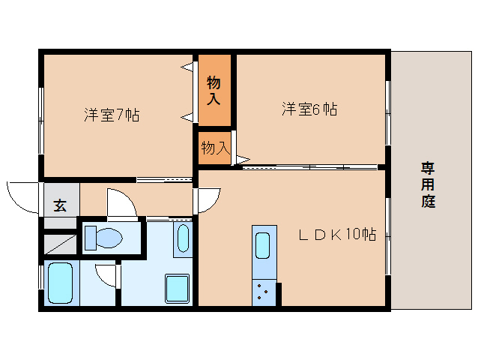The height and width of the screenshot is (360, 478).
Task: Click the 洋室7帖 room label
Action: pyautogui.click(x=112, y=115)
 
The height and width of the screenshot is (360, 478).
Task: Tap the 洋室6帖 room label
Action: pyautogui.click(x=309, y=109)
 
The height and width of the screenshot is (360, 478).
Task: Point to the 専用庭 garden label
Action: pyautogui.click(x=428, y=184)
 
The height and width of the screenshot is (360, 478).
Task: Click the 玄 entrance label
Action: pyautogui.click(x=59, y=204)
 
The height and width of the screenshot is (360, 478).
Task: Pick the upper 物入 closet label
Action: pyautogui.click(x=214, y=90)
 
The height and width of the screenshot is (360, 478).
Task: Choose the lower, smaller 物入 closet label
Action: pyautogui.click(x=214, y=148)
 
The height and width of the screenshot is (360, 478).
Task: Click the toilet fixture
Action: pyautogui.click(x=103, y=238)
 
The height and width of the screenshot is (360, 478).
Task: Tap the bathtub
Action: pyautogui.click(x=59, y=283)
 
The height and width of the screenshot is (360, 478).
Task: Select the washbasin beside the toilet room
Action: pyautogui.click(x=183, y=238)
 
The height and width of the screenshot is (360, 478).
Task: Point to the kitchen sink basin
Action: pyautogui.click(x=263, y=246)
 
